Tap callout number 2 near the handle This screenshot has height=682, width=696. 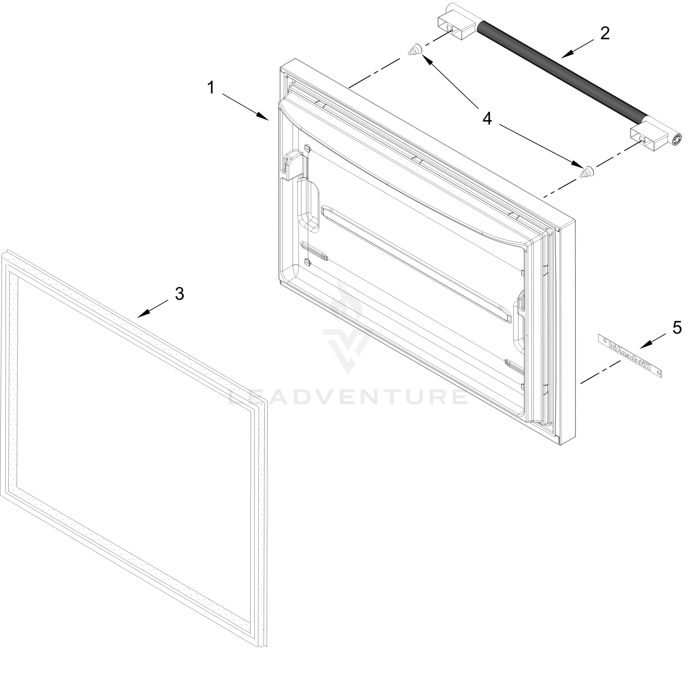pyautogui.click(x=605, y=34)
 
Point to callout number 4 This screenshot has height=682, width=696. pyautogui.click(x=487, y=118)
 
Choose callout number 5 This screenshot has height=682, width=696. pyautogui.click(x=677, y=328)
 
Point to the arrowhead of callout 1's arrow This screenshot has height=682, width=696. pyautogui.click(x=265, y=118)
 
